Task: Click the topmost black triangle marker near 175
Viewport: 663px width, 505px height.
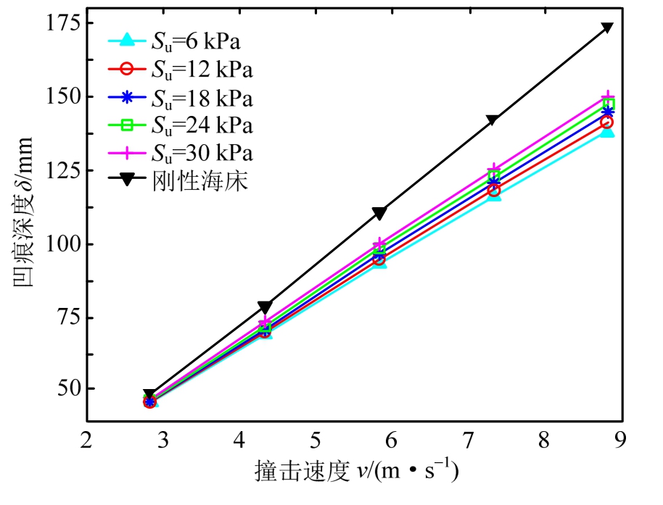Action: click(x=607, y=28)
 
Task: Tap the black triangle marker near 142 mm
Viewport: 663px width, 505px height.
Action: click(x=493, y=120)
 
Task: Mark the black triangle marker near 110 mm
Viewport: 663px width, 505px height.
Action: click(x=379, y=212)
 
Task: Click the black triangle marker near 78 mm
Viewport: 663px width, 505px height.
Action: click(x=264, y=306)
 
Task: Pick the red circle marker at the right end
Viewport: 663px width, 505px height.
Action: click(x=607, y=122)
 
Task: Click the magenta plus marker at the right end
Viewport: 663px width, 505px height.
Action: click(x=607, y=97)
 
